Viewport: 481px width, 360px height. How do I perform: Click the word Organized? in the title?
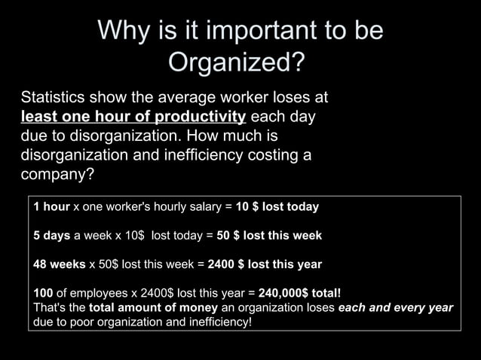pyautogui.click(x=237, y=63)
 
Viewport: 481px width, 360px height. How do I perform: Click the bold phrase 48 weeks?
pyautogui.click(x=57, y=264)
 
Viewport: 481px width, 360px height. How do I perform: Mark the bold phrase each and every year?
pyautogui.click(x=396, y=308)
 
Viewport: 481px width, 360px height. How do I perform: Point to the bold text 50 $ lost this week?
pyautogui.click(x=269, y=236)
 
